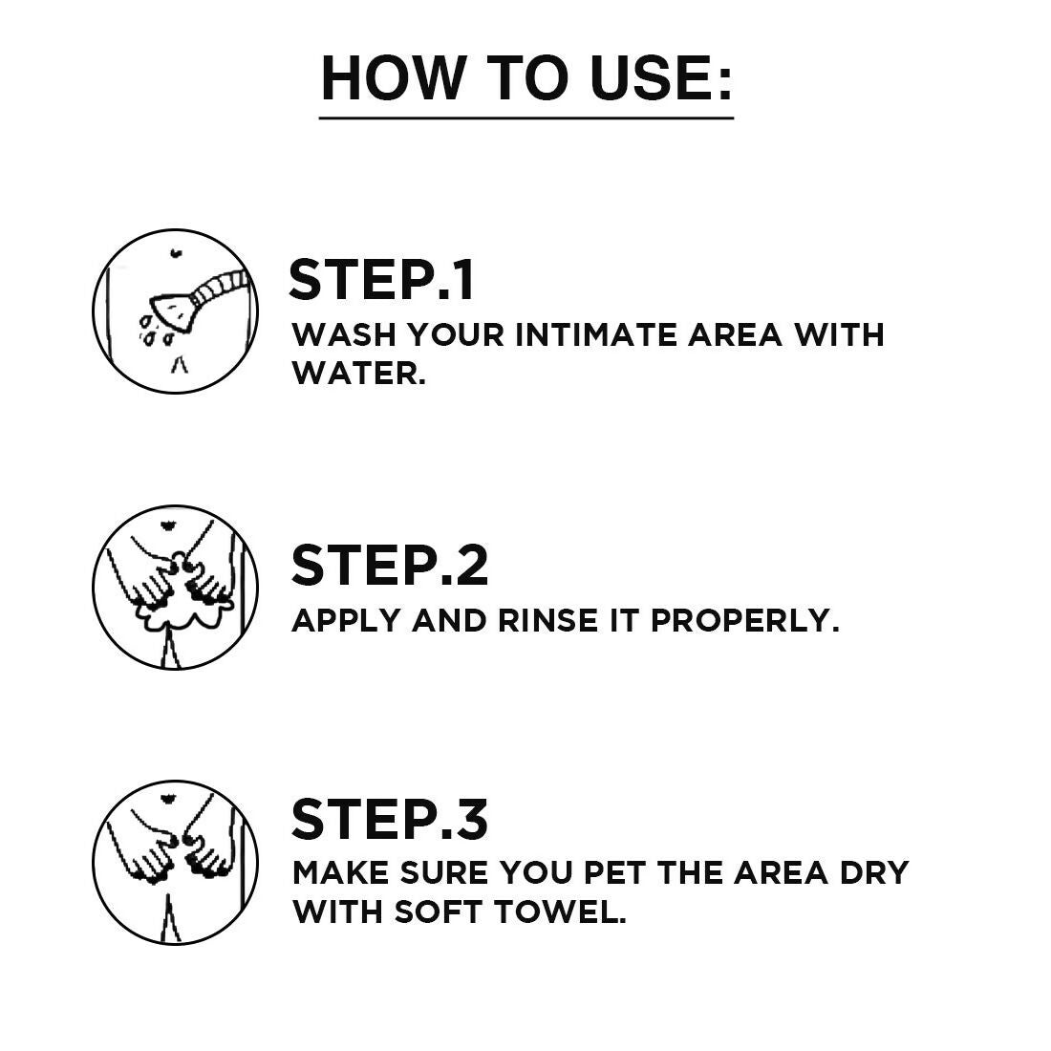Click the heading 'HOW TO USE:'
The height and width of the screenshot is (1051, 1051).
[x=526, y=78]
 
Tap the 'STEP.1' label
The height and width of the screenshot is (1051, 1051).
[x=381, y=280]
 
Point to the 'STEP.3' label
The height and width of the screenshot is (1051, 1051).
[x=389, y=820]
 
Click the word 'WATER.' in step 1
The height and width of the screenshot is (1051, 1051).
[x=358, y=373]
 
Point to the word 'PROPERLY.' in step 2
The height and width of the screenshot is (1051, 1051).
[x=745, y=620]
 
